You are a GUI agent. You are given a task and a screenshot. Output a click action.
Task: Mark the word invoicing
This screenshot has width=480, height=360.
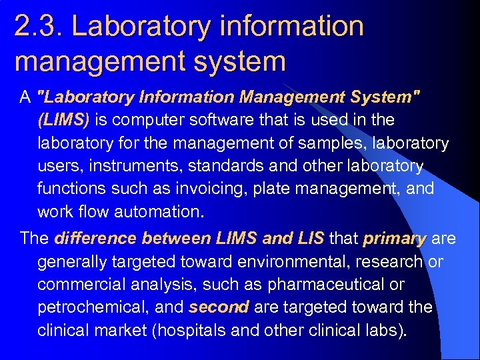[x=193, y=189]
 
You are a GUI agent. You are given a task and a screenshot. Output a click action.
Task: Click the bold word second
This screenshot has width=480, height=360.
[x=219, y=307]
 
